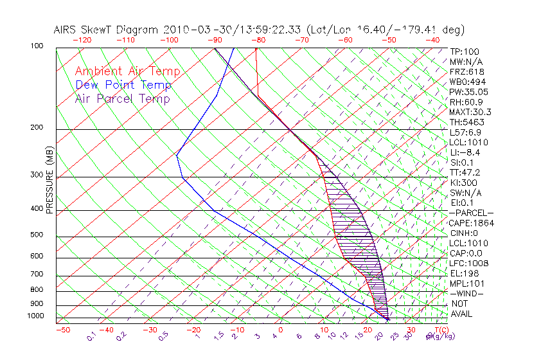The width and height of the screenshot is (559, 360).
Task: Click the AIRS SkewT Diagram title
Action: click(259, 30)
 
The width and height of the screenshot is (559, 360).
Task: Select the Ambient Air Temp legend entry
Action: click(127, 71)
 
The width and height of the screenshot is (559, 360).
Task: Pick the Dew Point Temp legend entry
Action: click(123, 85)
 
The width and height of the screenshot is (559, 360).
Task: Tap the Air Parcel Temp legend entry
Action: click(122, 98)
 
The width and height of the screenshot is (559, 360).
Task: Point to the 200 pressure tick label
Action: click(37, 127)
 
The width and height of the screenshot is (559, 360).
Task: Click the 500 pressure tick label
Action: click(37, 235)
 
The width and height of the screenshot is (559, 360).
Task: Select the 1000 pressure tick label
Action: click(35, 316)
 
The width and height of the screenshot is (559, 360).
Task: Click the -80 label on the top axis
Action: click(258, 39)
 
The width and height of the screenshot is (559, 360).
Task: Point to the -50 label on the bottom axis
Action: click(62, 330)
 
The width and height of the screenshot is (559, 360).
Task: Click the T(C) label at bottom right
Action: click(441, 330)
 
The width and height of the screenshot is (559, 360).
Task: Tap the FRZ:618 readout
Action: click(467, 71)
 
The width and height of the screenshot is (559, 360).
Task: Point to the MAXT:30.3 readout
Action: click(470, 112)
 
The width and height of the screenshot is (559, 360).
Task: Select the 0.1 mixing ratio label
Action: click(91, 336)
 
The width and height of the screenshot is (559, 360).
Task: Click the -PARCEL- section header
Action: click(472, 213)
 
